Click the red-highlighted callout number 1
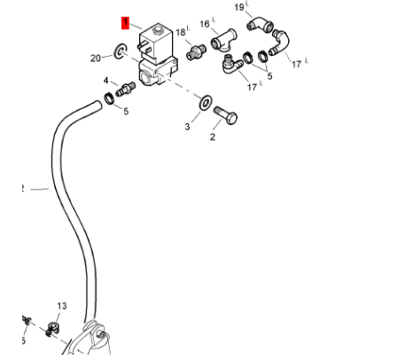(125, 23)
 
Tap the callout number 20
(96, 59)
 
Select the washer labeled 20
(121, 51)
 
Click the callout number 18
(181, 32)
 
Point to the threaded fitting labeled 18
(196, 51)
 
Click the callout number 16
(205, 24)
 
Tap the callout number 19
(239, 7)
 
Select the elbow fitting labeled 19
(260, 25)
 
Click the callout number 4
(105, 81)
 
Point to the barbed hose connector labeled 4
(126, 89)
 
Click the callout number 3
(187, 127)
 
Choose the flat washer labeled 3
(206, 102)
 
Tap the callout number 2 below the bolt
(213, 137)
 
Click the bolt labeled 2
(225, 115)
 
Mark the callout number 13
(62, 306)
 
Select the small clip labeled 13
(52, 329)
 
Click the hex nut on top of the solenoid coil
(158, 30)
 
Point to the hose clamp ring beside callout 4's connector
(109, 98)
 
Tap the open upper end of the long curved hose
(97, 106)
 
